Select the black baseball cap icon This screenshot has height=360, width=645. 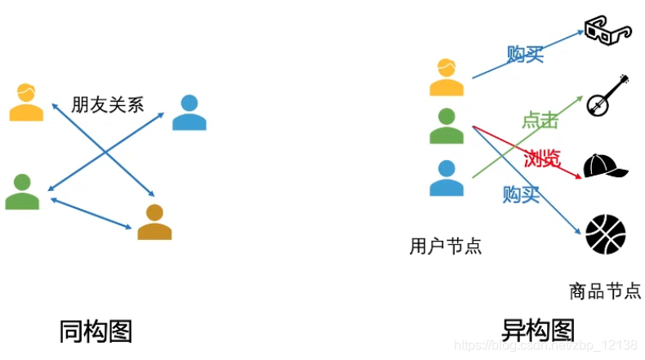(x=605, y=165)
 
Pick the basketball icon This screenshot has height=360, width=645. (x=606, y=233)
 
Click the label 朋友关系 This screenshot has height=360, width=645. (x=107, y=104)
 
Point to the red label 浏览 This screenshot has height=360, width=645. (x=543, y=158)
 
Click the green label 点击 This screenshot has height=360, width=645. (x=540, y=121)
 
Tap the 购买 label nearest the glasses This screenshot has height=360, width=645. (x=525, y=56)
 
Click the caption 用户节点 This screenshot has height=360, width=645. (x=446, y=246)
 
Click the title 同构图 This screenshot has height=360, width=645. (x=96, y=331)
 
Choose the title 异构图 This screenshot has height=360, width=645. (x=538, y=331)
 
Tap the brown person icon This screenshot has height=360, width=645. (x=154, y=222)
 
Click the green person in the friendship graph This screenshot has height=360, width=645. (x=22, y=192)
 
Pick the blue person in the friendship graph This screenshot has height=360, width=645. (x=189, y=113)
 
